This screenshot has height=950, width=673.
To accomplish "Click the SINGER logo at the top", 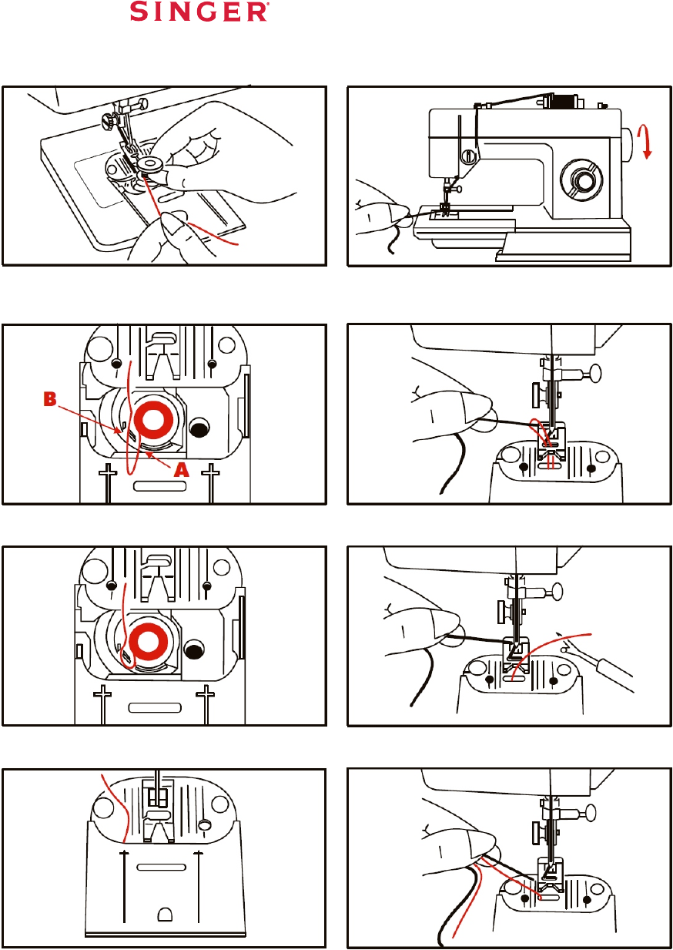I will (199, 13).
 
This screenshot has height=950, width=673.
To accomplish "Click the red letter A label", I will (181, 470).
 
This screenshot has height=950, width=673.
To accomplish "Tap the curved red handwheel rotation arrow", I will (648, 143).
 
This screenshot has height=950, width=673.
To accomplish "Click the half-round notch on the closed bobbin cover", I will (162, 915).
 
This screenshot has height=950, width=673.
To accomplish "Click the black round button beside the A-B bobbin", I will (199, 427).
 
